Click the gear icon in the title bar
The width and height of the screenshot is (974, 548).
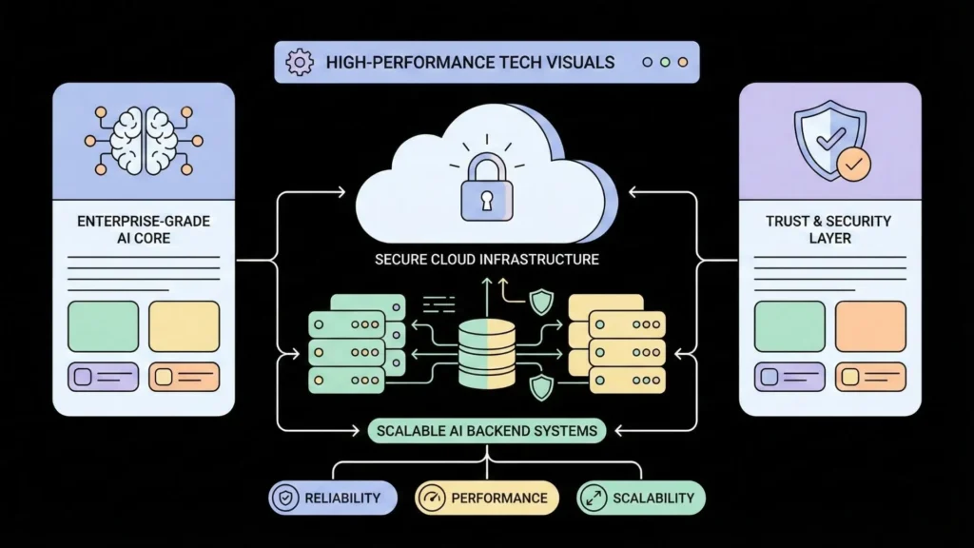(x=300, y=63)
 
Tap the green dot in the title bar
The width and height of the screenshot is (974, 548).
(x=666, y=63)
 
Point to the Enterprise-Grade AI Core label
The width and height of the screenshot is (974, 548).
(x=143, y=229)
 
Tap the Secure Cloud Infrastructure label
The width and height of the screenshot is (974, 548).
(x=486, y=260)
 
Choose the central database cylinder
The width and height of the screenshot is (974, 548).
(x=486, y=353)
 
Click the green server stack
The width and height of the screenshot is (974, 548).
(x=355, y=342)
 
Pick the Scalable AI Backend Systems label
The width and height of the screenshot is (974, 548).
(x=487, y=431)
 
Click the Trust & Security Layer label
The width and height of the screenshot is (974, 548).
(x=828, y=229)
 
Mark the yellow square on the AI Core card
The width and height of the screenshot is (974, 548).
(x=185, y=326)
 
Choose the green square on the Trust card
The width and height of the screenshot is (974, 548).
(x=789, y=326)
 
